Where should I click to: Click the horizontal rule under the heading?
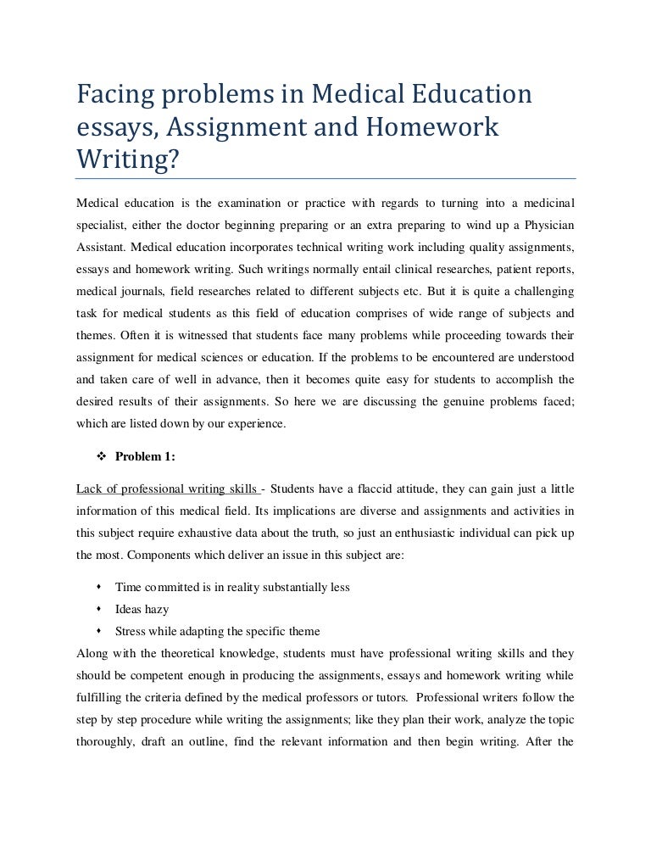(x=325, y=178)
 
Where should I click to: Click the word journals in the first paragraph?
(x=136, y=291)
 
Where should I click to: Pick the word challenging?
(x=538, y=291)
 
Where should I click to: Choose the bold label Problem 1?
(x=145, y=457)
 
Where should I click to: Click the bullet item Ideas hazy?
(x=142, y=609)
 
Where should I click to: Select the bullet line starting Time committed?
(x=232, y=587)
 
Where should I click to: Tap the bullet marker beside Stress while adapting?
(x=100, y=631)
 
